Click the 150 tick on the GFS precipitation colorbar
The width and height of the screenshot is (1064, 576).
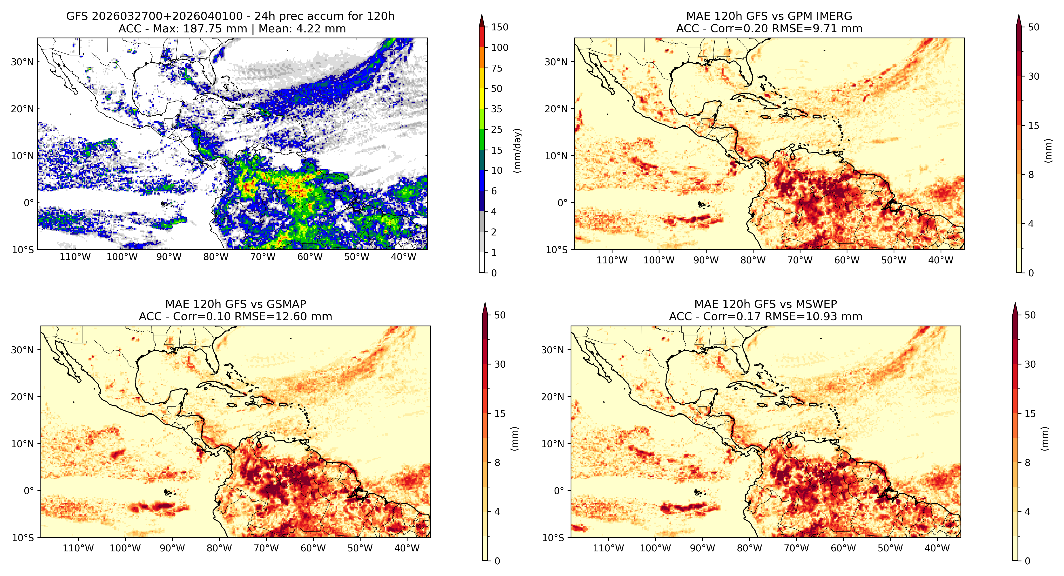(499, 27)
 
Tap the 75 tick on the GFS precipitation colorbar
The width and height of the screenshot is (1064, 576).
(496, 68)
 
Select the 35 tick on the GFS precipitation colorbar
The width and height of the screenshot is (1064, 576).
(496, 109)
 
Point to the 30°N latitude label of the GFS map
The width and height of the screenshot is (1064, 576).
(22, 62)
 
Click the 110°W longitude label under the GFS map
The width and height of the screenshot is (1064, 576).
(75, 257)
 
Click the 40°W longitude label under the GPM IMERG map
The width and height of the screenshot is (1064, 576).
(941, 260)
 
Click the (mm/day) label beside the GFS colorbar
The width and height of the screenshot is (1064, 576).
(517, 150)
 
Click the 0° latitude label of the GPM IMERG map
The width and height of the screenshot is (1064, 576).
(563, 203)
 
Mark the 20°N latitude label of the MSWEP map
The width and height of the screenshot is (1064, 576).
(552, 397)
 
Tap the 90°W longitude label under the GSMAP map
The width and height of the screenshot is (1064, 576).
(172, 548)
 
